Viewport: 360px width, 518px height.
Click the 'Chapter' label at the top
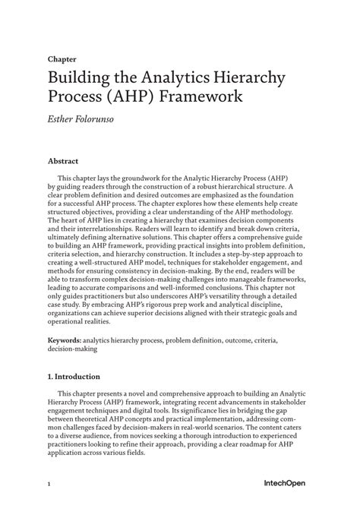tap(62, 58)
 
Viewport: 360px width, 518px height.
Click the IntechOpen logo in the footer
tap(285, 483)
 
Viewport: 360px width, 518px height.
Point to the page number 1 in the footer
tap(49, 484)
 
